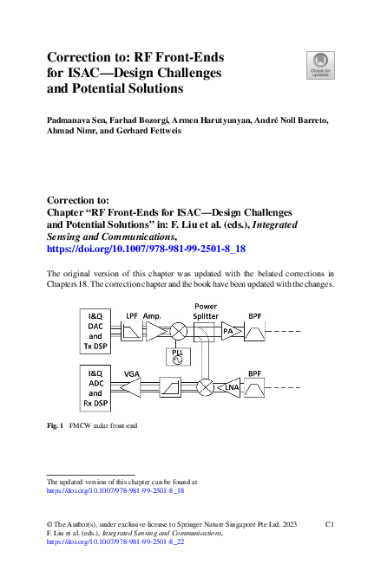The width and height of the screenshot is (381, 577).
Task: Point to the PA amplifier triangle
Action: tap(229, 330)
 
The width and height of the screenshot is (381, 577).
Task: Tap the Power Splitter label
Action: tap(206, 310)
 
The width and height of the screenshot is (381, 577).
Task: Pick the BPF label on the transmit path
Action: tap(255, 315)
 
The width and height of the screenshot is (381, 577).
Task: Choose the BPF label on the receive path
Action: tap(255, 373)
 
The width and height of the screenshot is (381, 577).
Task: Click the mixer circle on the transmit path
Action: tap(179, 330)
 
